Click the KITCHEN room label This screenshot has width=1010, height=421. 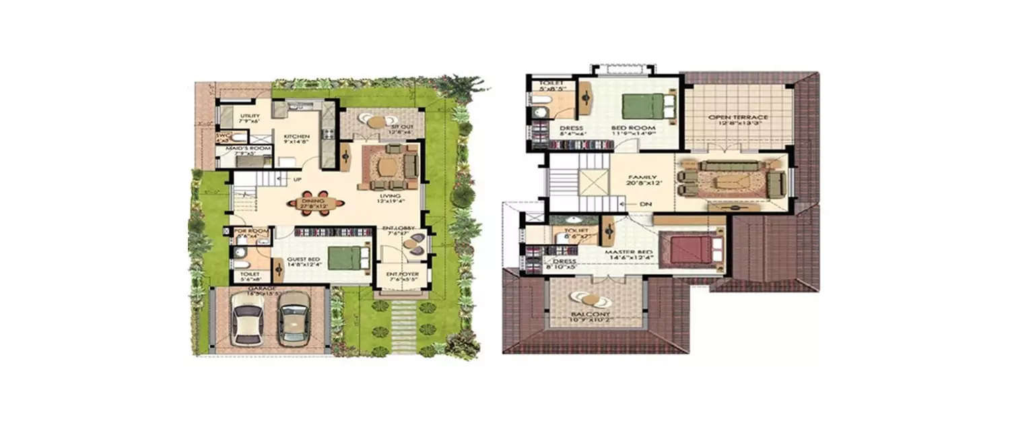pyautogui.click(x=296, y=136)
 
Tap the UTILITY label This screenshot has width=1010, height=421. pyautogui.click(x=249, y=116)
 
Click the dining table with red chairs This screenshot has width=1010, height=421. pyautogui.click(x=315, y=203)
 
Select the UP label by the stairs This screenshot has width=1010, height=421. pyautogui.click(x=296, y=180)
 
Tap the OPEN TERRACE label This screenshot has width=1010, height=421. pyautogui.click(x=738, y=117)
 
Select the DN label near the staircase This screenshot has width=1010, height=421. pyautogui.click(x=645, y=203)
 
